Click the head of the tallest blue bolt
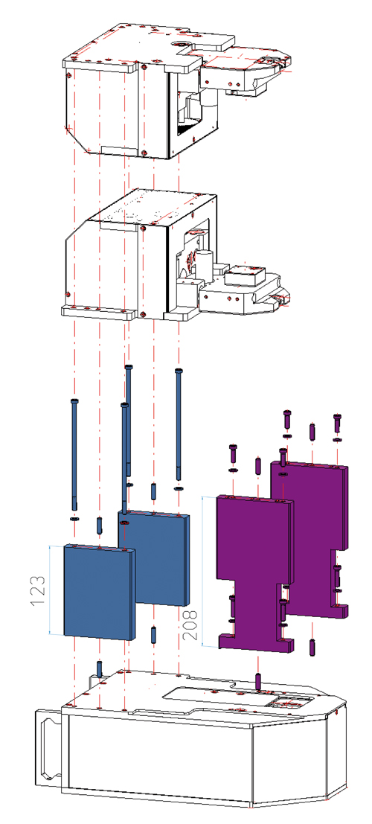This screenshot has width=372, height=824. point(129,368)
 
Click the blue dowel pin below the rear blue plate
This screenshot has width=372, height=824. point(153,635)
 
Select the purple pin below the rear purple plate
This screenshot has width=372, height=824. point(311,646)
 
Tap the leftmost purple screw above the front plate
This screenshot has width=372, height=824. point(233,450)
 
